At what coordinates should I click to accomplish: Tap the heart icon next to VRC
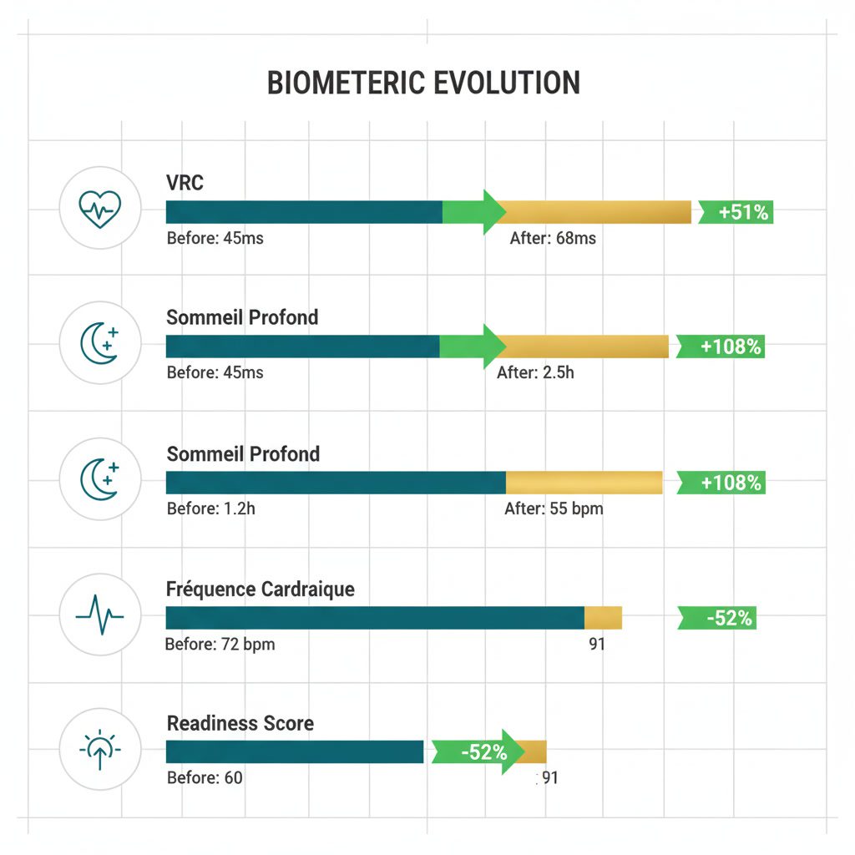coord(99,207)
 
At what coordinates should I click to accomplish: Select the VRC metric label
coord(185,183)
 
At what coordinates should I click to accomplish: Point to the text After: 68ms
coord(553,238)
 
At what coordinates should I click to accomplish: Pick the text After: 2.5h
coord(535,372)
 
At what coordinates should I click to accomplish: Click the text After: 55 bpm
coord(554,508)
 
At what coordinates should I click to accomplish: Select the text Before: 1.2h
coord(210,508)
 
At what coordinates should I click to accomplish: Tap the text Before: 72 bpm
coord(220,645)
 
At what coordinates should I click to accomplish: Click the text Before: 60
coord(205,778)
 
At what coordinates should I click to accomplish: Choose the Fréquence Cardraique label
coord(261,589)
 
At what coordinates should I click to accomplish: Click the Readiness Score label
coord(240,723)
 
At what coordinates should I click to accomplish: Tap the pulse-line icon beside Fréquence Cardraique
coord(99,615)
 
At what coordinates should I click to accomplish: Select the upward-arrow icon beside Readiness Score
coord(99,750)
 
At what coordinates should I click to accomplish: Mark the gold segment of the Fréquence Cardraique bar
coord(603,618)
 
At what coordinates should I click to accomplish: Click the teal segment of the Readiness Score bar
coord(295,751)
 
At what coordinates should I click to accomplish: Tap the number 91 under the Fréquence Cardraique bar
coord(596,645)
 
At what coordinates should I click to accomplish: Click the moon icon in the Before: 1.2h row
coord(99,480)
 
